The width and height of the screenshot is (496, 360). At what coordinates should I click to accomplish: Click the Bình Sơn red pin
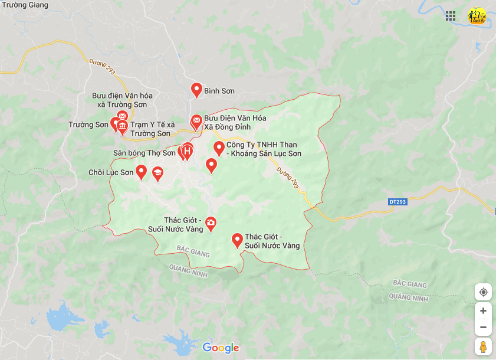pos(197,90)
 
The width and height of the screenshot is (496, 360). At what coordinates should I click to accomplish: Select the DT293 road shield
pos(398,202)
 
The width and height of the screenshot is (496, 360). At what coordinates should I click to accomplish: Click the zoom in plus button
pos(483,310)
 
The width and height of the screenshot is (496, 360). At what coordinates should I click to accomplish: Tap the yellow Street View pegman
pos(483,346)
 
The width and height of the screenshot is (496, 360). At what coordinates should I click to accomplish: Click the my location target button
pos(483,292)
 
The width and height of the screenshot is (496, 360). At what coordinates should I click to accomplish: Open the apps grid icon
pos(451,16)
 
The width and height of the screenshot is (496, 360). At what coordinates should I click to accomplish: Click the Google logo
pos(221,348)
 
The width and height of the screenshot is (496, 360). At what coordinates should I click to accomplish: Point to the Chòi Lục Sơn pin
pos(141,172)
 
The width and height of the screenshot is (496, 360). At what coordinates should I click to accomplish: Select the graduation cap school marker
pos(157,174)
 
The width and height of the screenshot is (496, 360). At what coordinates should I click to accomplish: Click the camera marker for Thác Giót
pos(211,223)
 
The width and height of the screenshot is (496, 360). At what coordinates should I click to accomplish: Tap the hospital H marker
pos(188,152)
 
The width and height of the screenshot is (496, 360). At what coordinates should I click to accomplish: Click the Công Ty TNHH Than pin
pos(219,148)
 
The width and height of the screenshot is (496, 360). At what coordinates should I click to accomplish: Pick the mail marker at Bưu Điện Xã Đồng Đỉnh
pos(196,122)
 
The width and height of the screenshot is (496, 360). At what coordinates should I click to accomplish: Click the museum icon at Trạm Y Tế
pos(123,127)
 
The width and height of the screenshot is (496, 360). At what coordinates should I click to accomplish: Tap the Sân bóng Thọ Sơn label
pos(144,153)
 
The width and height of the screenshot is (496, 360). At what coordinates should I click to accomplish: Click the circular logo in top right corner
pos(476,16)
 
